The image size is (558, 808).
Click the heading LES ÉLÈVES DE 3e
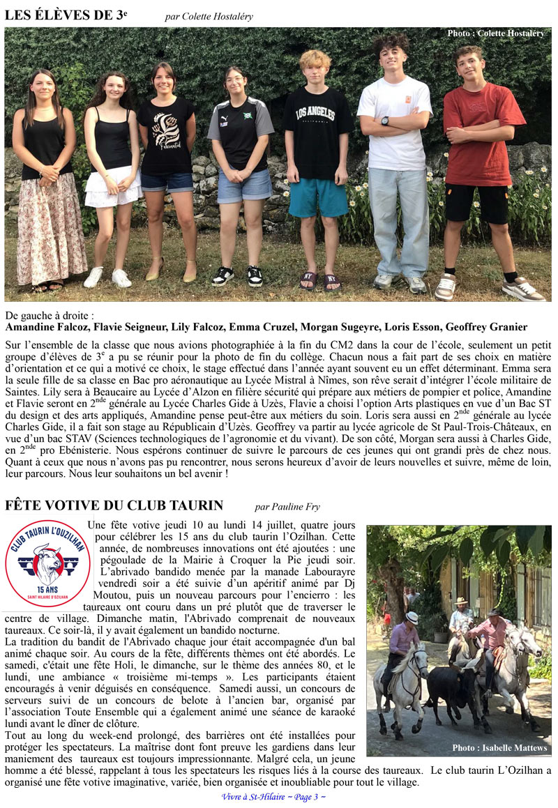point(67,15)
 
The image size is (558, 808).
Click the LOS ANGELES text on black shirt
point(317,114)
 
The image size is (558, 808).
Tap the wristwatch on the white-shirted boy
point(385,121)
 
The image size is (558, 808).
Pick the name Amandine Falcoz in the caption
point(47,326)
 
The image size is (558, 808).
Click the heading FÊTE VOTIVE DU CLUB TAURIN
point(114,505)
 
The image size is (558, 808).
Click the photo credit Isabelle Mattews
point(499,748)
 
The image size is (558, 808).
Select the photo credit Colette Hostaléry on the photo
point(495,33)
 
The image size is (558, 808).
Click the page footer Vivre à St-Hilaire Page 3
point(273,797)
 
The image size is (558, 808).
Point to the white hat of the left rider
point(412,617)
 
